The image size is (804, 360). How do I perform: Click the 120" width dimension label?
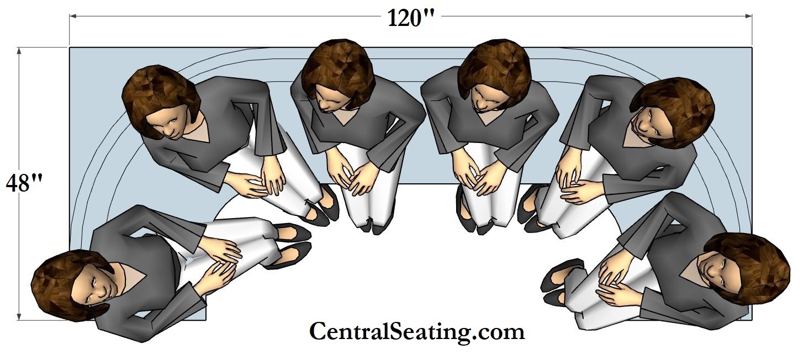[411, 18]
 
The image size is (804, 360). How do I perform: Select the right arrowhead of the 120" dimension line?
[748, 16]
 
